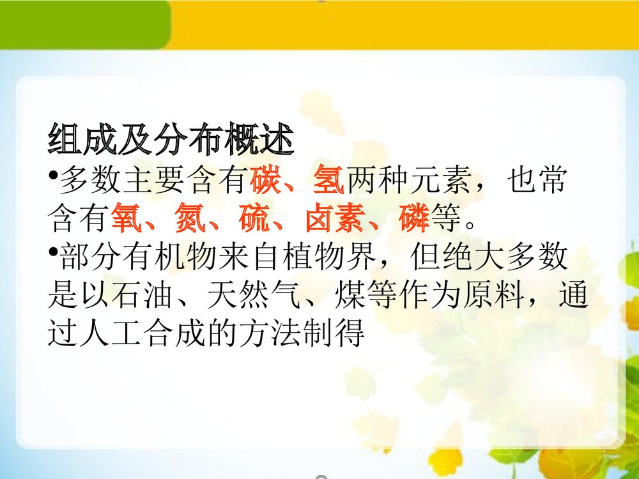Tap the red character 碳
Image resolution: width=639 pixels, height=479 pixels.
pos(265,182)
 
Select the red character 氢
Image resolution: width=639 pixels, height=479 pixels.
pos(328,182)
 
